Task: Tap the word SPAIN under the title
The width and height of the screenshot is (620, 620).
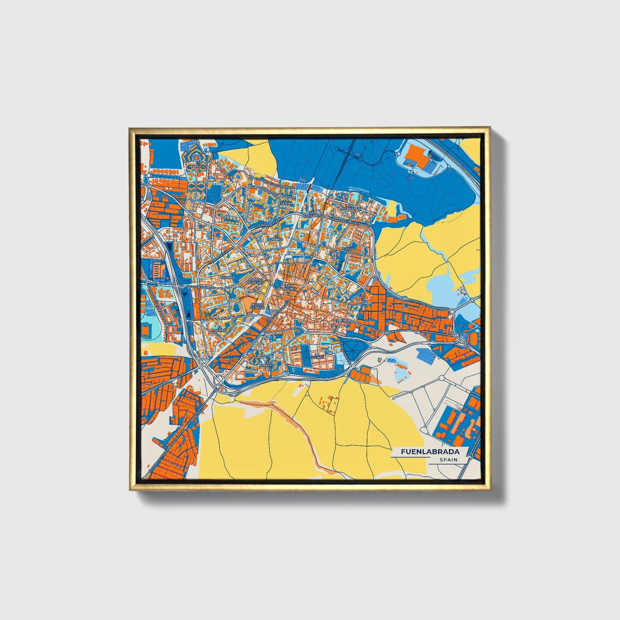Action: click(448, 460)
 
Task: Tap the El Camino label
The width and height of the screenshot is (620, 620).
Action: click(276, 237)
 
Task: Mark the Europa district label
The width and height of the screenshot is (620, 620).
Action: click(227, 278)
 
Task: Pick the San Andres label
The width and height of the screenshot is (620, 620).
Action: click(289, 287)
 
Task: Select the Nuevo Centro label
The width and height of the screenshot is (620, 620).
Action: click(257, 306)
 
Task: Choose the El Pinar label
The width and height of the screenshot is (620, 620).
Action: click(344, 321)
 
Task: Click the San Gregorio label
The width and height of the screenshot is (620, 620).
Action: click(312, 213)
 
